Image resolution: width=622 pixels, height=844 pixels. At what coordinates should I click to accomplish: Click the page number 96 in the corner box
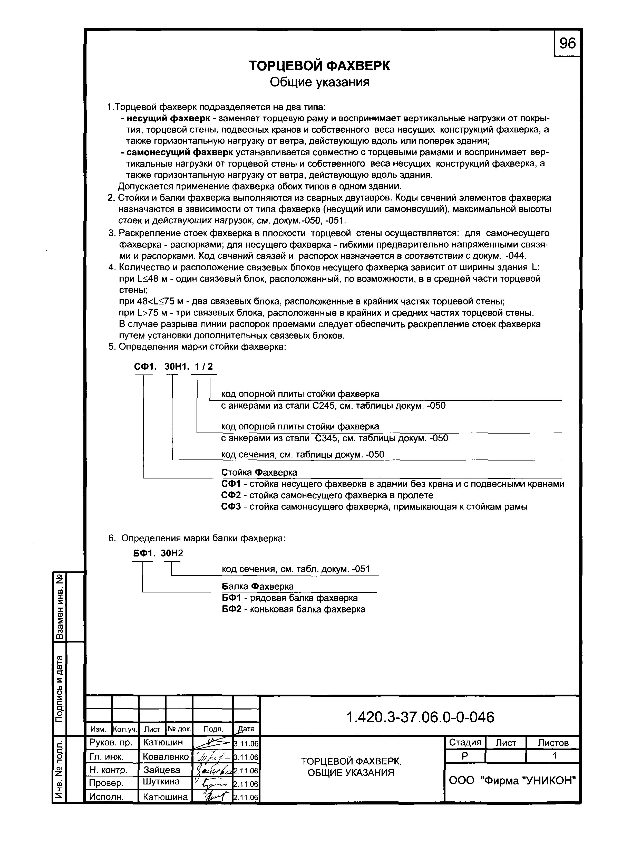pos(567,44)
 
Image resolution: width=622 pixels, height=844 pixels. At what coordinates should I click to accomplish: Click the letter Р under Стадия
pos(465,756)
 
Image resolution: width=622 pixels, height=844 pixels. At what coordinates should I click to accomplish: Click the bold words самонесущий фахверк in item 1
pos(180,152)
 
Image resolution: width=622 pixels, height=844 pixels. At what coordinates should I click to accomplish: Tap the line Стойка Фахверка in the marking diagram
pos(259,472)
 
